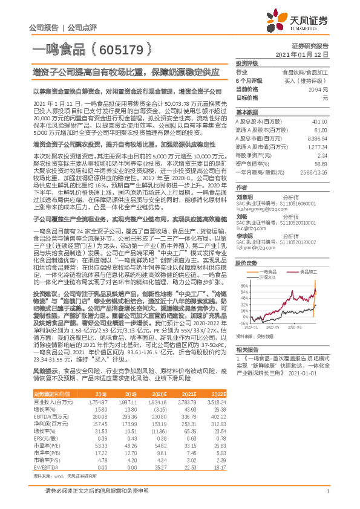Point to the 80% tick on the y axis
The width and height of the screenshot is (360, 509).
pos(244,286)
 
